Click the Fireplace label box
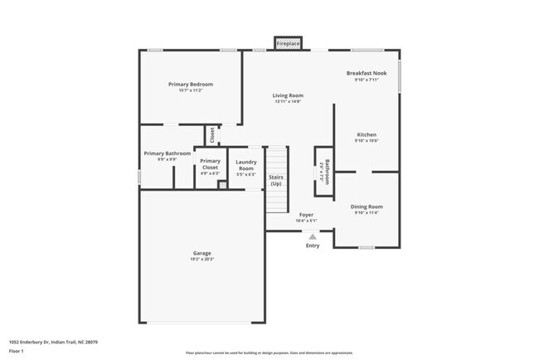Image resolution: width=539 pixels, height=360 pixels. [x=289, y=42]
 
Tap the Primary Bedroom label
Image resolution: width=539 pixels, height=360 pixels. [x=191, y=85]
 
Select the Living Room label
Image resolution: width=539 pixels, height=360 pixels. [x=288, y=95]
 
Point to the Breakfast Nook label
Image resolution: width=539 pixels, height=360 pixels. [x=367, y=74]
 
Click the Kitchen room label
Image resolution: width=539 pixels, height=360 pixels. [x=367, y=134]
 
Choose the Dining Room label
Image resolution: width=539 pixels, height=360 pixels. [x=367, y=207]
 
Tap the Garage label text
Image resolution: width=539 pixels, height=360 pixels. [x=202, y=253]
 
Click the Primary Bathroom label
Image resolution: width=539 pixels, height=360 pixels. [x=167, y=153]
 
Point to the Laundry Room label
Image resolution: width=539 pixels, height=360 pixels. [x=245, y=165]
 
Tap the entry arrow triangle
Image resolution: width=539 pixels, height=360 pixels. [x=313, y=236]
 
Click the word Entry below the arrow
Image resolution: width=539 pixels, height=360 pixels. [x=313, y=246]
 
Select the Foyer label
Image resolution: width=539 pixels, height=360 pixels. [x=306, y=215]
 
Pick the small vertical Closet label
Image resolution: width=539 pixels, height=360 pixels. [x=212, y=134]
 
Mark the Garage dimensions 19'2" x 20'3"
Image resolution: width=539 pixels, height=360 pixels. [x=202, y=260]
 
